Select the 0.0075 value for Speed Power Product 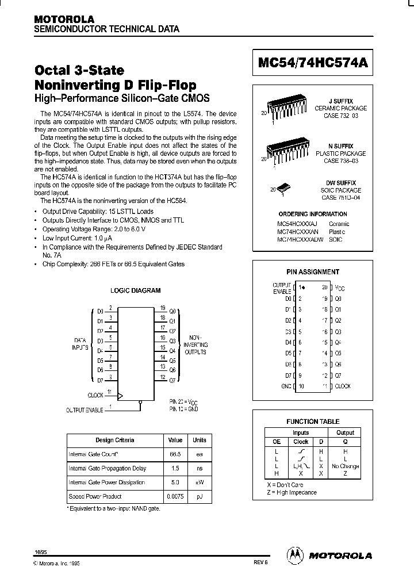174,496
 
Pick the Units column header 199,440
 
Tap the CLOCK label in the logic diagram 95,395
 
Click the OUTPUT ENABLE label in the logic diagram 85,410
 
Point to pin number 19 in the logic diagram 163,308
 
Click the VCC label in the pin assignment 340,287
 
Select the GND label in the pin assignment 285,386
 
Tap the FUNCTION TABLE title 313,422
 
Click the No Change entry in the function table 346,466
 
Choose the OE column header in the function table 276,442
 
